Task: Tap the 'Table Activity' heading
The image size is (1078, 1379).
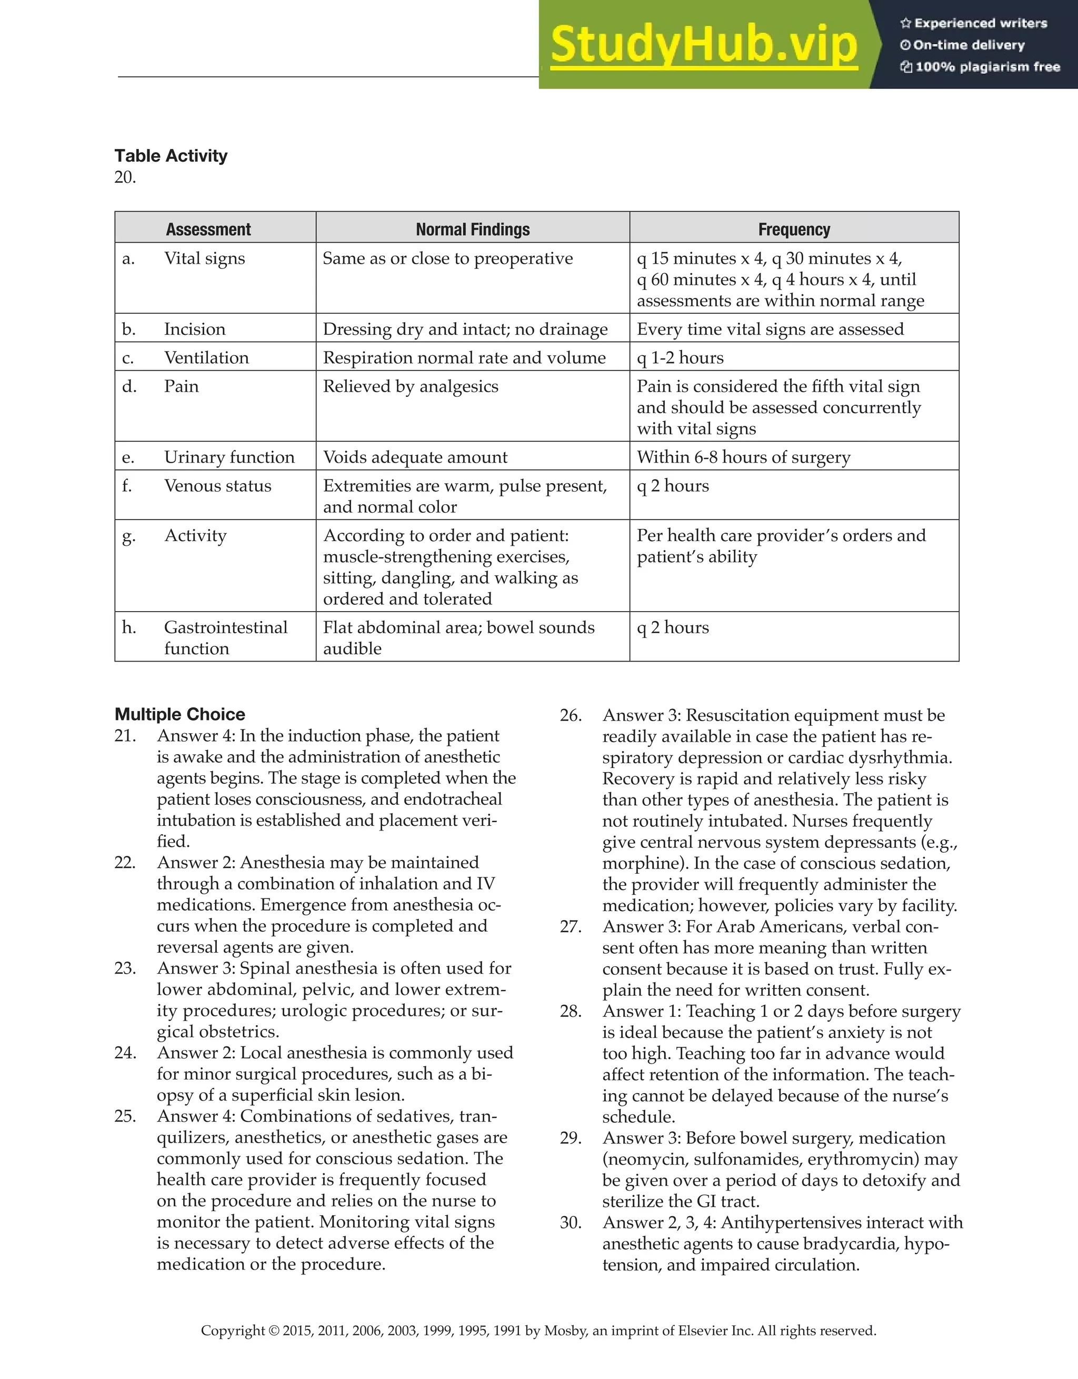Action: click(171, 156)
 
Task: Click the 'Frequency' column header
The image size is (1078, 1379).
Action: click(794, 229)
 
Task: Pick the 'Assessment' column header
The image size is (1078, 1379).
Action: click(208, 229)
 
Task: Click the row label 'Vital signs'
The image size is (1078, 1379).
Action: click(204, 258)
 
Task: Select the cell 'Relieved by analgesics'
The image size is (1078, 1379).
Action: click(411, 386)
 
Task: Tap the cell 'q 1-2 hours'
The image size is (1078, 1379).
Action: click(680, 358)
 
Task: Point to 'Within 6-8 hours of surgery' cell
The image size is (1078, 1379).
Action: click(743, 457)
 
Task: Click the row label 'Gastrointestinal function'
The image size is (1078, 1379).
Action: click(225, 638)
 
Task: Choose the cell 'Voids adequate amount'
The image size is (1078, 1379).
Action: click(415, 457)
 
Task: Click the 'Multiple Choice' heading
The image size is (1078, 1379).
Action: click(180, 714)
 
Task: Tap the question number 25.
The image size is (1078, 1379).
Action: click(125, 1116)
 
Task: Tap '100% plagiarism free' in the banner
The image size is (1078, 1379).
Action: click(987, 67)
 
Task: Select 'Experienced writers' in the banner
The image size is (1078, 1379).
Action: click(980, 23)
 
